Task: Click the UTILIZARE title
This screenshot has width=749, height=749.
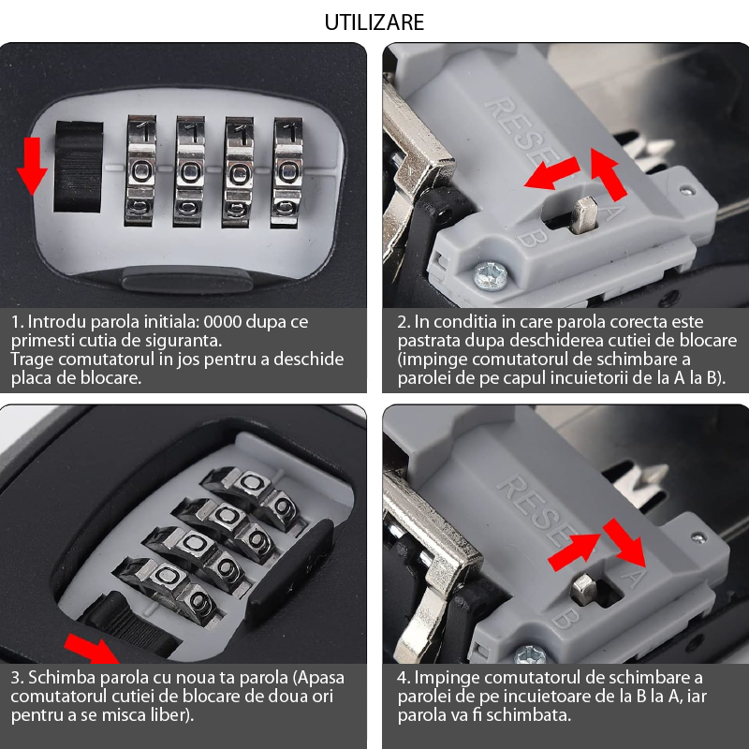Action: pos(374,22)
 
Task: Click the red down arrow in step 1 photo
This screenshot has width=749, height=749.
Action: pos(32,166)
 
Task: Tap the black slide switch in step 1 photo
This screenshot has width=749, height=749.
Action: pos(79,167)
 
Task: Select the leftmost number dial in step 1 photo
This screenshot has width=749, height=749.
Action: pos(141,170)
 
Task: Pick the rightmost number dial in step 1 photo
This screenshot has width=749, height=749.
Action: pos(287,172)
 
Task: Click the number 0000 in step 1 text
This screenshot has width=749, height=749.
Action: pos(223,322)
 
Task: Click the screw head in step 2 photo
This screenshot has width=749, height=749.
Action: pos(490,276)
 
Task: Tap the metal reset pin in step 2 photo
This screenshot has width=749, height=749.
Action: pos(584,215)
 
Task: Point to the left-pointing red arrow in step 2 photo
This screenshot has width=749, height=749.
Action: pos(552,173)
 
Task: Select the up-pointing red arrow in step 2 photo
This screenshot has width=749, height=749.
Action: pos(608,174)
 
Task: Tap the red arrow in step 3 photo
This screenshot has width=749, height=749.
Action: pos(93,649)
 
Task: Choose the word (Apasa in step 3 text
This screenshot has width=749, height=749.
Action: pos(318,678)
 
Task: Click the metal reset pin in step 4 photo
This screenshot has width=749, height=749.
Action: pos(584,590)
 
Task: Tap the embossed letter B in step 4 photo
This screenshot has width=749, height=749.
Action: pos(565,619)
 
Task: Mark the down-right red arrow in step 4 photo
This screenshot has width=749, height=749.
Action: pos(624,543)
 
